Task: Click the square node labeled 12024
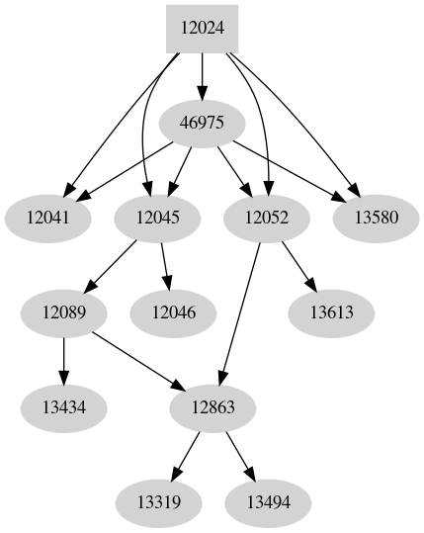[x=203, y=29]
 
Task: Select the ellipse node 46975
[x=203, y=124]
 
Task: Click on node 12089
[x=64, y=313]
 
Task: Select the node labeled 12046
[x=174, y=313]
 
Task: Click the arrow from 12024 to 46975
[x=203, y=76]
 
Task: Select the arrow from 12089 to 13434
[x=64, y=361]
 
